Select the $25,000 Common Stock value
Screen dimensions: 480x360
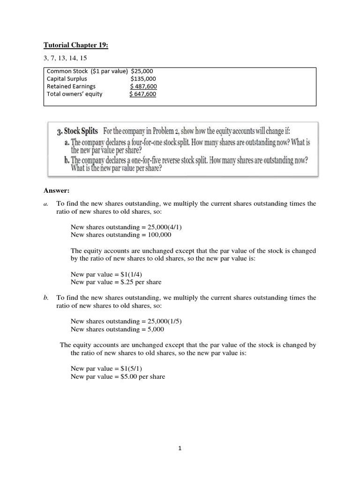coord(145,71)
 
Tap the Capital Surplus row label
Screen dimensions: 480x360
coord(67,79)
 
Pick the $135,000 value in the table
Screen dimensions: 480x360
coord(143,79)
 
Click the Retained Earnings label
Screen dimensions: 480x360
coord(71,86)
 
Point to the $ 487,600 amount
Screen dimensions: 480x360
coord(143,86)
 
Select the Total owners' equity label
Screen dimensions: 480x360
coord(75,94)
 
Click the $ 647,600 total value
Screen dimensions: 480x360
coord(143,94)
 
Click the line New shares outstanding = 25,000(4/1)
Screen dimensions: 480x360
coord(126,227)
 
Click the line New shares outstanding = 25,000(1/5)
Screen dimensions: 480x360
coord(126,321)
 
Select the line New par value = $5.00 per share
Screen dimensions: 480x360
coord(118,376)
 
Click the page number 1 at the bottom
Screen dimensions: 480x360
coord(180,448)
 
